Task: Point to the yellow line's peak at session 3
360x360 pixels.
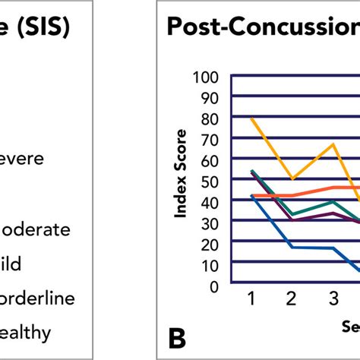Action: pyautogui.click(x=333, y=144)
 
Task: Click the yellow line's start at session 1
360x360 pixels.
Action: pyautogui.click(x=251, y=118)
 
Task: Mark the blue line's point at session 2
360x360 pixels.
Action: pyautogui.click(x=292, y=247)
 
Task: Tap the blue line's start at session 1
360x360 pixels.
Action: pyautogui.click(x=251, y=195)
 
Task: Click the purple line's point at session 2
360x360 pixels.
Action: pyautogui.click(x=292, y=220)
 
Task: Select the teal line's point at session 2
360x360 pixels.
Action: pyautogui.click(x=292, y=214)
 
